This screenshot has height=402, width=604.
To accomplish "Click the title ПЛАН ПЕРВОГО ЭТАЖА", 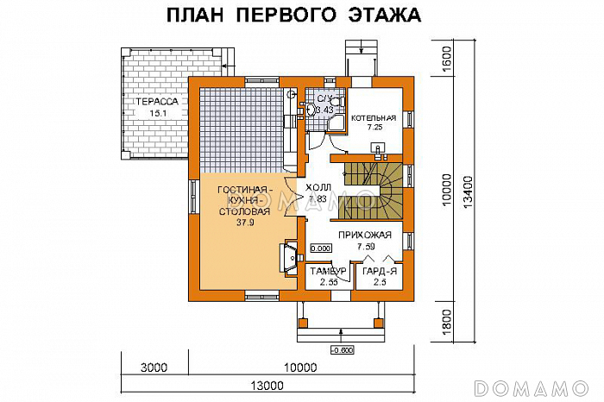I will tap(293, 16).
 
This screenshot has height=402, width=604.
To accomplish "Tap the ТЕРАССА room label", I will tap(156, 102).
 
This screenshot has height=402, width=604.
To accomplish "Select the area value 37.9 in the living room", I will tap(244, 221).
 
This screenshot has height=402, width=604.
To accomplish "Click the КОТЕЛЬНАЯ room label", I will tap(374, 117).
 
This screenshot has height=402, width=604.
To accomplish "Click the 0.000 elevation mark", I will tap(321, 248).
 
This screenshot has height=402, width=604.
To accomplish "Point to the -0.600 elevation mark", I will tap(341, 349).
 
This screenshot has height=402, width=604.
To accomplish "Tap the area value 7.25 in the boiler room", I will tap(374, 128).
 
